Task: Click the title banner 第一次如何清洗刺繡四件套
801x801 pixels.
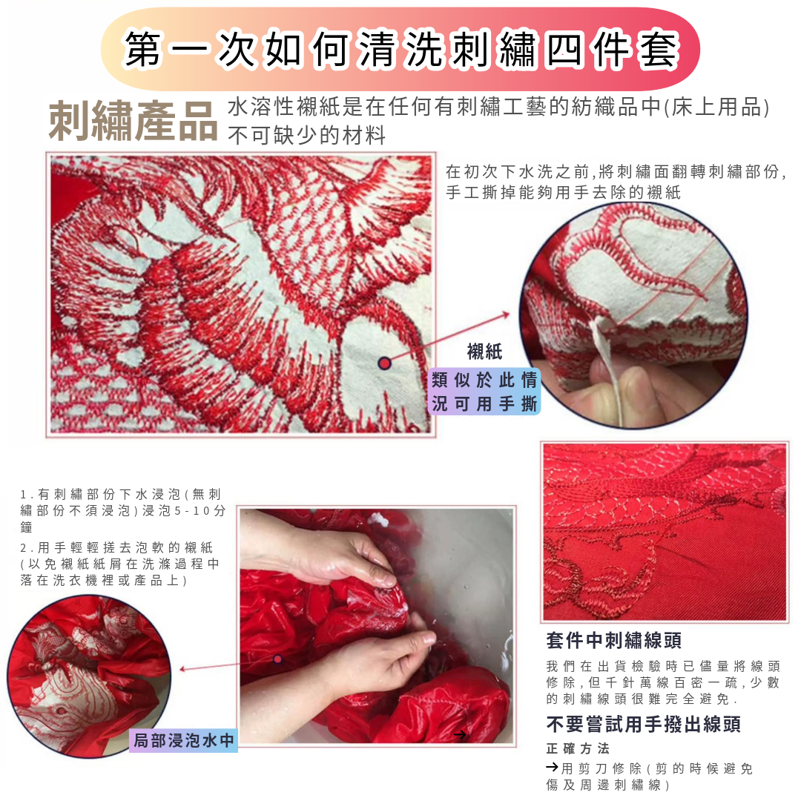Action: (400, 50)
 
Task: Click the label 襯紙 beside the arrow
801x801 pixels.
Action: (484, 352)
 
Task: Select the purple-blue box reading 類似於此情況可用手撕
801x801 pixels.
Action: (485, 392)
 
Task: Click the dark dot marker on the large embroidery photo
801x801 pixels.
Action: (384, 363)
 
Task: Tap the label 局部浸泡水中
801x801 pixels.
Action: (183, 739)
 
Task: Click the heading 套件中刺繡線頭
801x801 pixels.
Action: (613, 640)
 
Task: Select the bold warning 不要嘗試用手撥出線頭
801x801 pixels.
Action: (643, 724)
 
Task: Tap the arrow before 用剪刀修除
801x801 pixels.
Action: (552, 768)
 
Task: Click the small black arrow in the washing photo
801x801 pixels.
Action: (460, 734)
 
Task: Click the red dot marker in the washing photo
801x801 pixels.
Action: (277, 659)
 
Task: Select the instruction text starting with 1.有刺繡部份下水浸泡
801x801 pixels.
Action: (122, 510)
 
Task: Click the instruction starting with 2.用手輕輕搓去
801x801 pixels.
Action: (119, 564)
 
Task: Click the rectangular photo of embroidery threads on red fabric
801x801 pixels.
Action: (665, 532)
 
